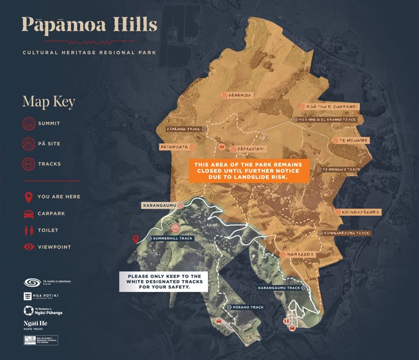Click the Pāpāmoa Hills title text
coord(89,25)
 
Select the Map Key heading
coord(48,101)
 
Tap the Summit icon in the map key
coord(28,124)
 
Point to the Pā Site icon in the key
coord(28,144)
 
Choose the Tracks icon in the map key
coord(28,164)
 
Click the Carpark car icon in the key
coord(28,214)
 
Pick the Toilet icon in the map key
coord(28,231)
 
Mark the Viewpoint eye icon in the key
coord(28,247)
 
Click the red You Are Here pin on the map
coord(137,239)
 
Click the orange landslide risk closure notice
coord(249,171)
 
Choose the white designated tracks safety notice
coord(164,281)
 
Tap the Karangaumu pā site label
coord(159,205)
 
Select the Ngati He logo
coord(36,324)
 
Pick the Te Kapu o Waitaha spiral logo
coord(32,283)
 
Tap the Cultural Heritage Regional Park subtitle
coord(89,53)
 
